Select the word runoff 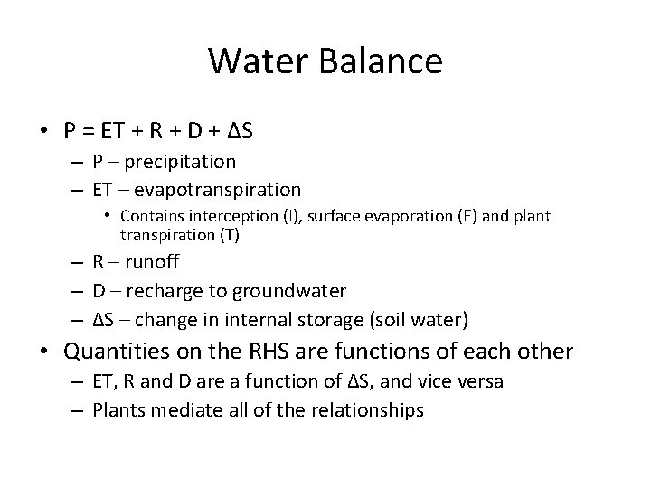[148, 263]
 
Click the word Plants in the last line [118, 410]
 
